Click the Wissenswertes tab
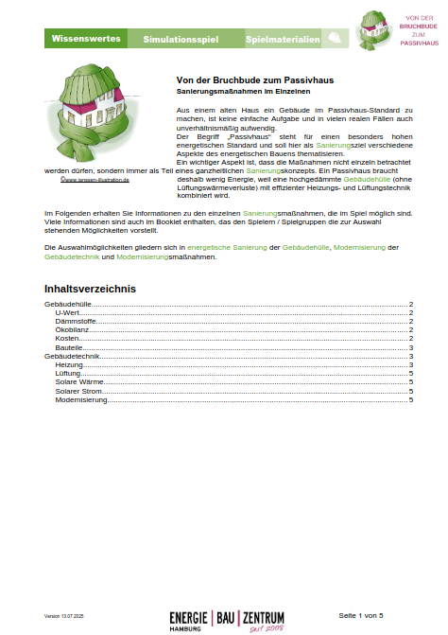click(x=85, y=39)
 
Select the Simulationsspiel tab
click(x=181, y=39)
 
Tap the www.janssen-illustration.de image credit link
click(x=94, y=178)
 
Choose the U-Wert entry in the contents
click(x=67, y=312)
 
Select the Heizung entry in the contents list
click(x=70, y=364)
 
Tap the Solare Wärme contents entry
click(x=79, y=382)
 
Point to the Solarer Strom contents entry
click(x=80, y=391)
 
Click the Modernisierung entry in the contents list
click(x=82, y=399)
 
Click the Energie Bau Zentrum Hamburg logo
click(x=227, y=619)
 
